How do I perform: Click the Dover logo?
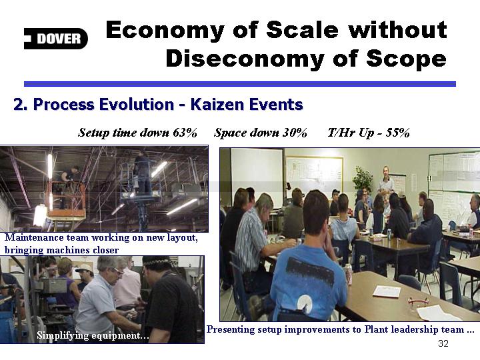tap(56, 39)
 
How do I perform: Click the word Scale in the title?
tap(302, 30)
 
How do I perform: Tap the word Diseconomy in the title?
tap(245, 59)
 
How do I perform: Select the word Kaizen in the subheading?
tap(217, 104)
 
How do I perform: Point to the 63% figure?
tap(185, 133)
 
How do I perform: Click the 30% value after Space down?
tap(295, 133)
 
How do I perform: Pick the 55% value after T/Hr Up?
tap(397, 133)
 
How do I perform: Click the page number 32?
tap(443, 343)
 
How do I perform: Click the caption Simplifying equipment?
tap(93, 335)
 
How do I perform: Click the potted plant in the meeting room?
tap(363, 180)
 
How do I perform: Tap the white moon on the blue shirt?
tap(305, 303)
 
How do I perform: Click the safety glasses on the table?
tap(418, 303)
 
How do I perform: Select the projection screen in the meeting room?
tap(257, 177)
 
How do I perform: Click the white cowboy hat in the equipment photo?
tap(85, 269)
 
